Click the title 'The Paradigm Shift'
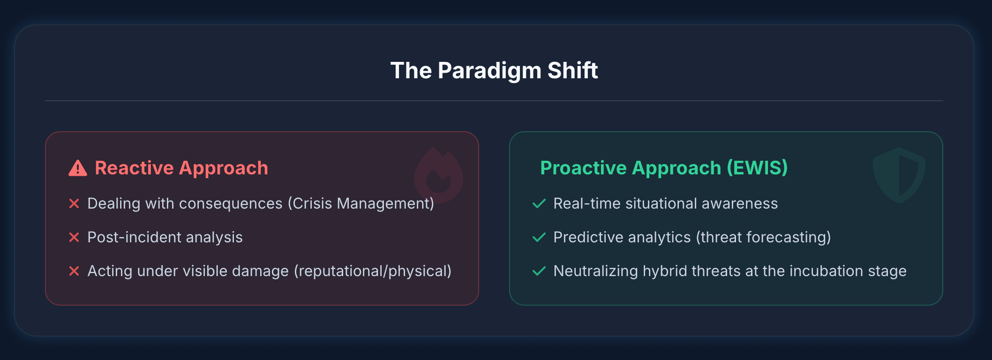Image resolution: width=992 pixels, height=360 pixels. [494, 71]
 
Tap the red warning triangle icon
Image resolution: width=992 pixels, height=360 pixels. [78, 168]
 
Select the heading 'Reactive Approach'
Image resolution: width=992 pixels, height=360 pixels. [181, 168]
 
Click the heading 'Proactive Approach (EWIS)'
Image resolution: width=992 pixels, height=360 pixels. [664, 168]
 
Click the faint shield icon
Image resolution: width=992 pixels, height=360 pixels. [899, 175]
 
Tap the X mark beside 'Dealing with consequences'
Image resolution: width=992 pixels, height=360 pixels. [74, 203]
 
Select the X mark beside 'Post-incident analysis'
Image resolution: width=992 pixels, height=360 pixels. [74, 237]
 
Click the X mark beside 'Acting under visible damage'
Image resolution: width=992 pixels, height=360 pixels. [74, 271]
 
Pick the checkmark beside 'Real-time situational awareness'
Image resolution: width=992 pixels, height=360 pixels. [539, 203]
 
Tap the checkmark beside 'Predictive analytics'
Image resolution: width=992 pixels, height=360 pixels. [539, 237]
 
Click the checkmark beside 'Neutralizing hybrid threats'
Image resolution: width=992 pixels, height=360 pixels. [539, 271]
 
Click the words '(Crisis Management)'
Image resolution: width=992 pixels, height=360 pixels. [361, 204]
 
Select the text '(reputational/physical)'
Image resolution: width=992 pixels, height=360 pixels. [373, 271]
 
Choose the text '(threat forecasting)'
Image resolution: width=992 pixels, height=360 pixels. [763, 238]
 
